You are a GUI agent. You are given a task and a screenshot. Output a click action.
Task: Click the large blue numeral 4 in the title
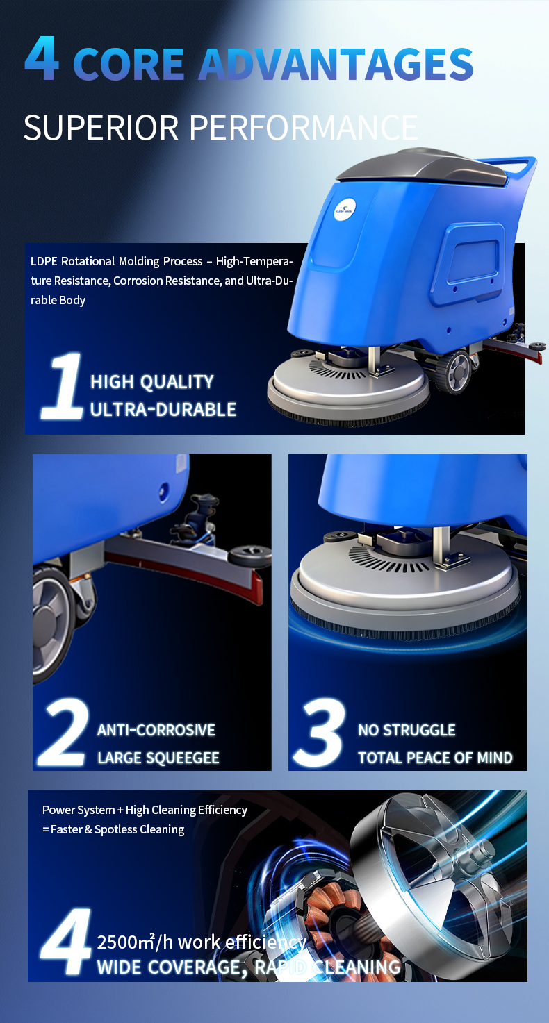(42, 59)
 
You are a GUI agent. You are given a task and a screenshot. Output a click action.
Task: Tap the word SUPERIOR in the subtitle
(101, 127)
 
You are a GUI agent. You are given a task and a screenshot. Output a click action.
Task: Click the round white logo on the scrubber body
(344, 210)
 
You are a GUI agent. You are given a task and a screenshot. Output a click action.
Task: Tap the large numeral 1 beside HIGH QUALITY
(63, 385)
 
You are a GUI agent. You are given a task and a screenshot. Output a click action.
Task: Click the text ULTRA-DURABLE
(163, 410)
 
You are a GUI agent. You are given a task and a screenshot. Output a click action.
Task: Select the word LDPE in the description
(44, 261)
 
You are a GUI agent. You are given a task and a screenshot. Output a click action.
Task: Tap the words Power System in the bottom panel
(78, 810)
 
